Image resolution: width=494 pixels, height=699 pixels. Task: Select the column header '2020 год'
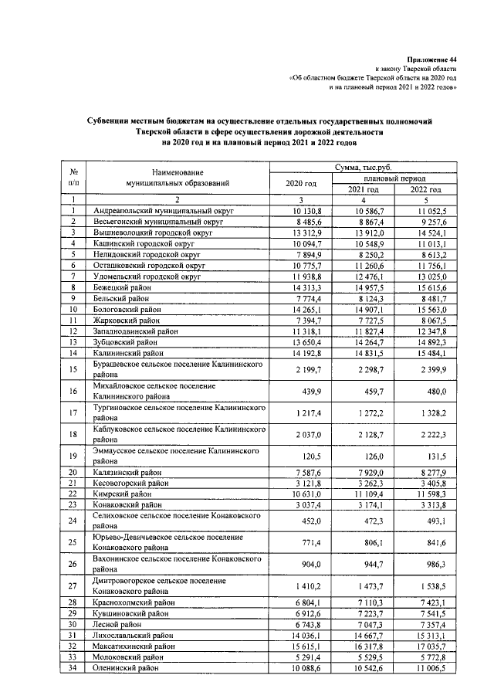click(301, 184)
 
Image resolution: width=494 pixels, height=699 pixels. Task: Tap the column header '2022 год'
click(425, 189)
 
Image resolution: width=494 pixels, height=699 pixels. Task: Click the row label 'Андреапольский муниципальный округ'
click(163, 209)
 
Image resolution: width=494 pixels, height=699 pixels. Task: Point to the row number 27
click(72, 585)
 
